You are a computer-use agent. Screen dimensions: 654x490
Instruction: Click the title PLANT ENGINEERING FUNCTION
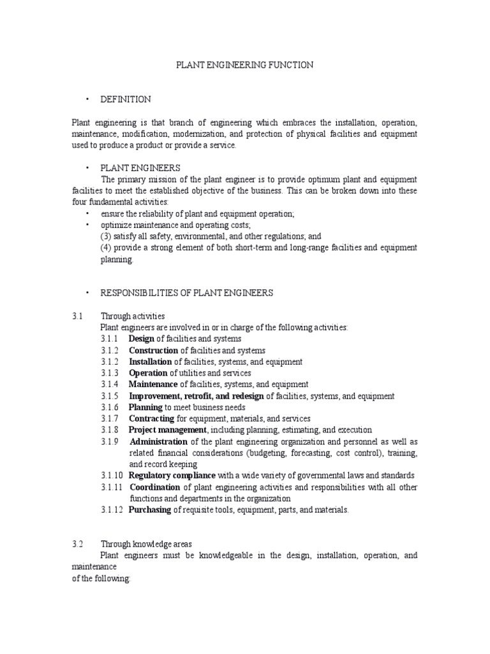point(245,65)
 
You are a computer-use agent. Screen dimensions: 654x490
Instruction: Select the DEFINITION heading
point(126,99)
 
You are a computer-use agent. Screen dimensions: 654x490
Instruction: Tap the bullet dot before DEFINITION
point(85,100)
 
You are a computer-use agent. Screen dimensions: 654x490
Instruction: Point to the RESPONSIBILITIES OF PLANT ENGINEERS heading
point(187,293)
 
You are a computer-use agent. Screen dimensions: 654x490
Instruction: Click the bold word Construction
point(153,351)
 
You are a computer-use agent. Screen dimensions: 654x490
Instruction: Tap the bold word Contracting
point(152,419)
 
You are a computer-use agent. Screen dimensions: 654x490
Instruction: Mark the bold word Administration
point(159,442)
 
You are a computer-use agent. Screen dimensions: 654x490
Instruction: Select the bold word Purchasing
point(150,510)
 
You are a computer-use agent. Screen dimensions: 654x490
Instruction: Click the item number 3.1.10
point(112,476)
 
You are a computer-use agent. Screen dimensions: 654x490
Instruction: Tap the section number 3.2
point(78,544)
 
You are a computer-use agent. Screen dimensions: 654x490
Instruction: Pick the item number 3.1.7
point(110,419)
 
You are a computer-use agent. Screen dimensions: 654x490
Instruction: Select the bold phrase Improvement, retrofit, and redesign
point(197,396)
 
